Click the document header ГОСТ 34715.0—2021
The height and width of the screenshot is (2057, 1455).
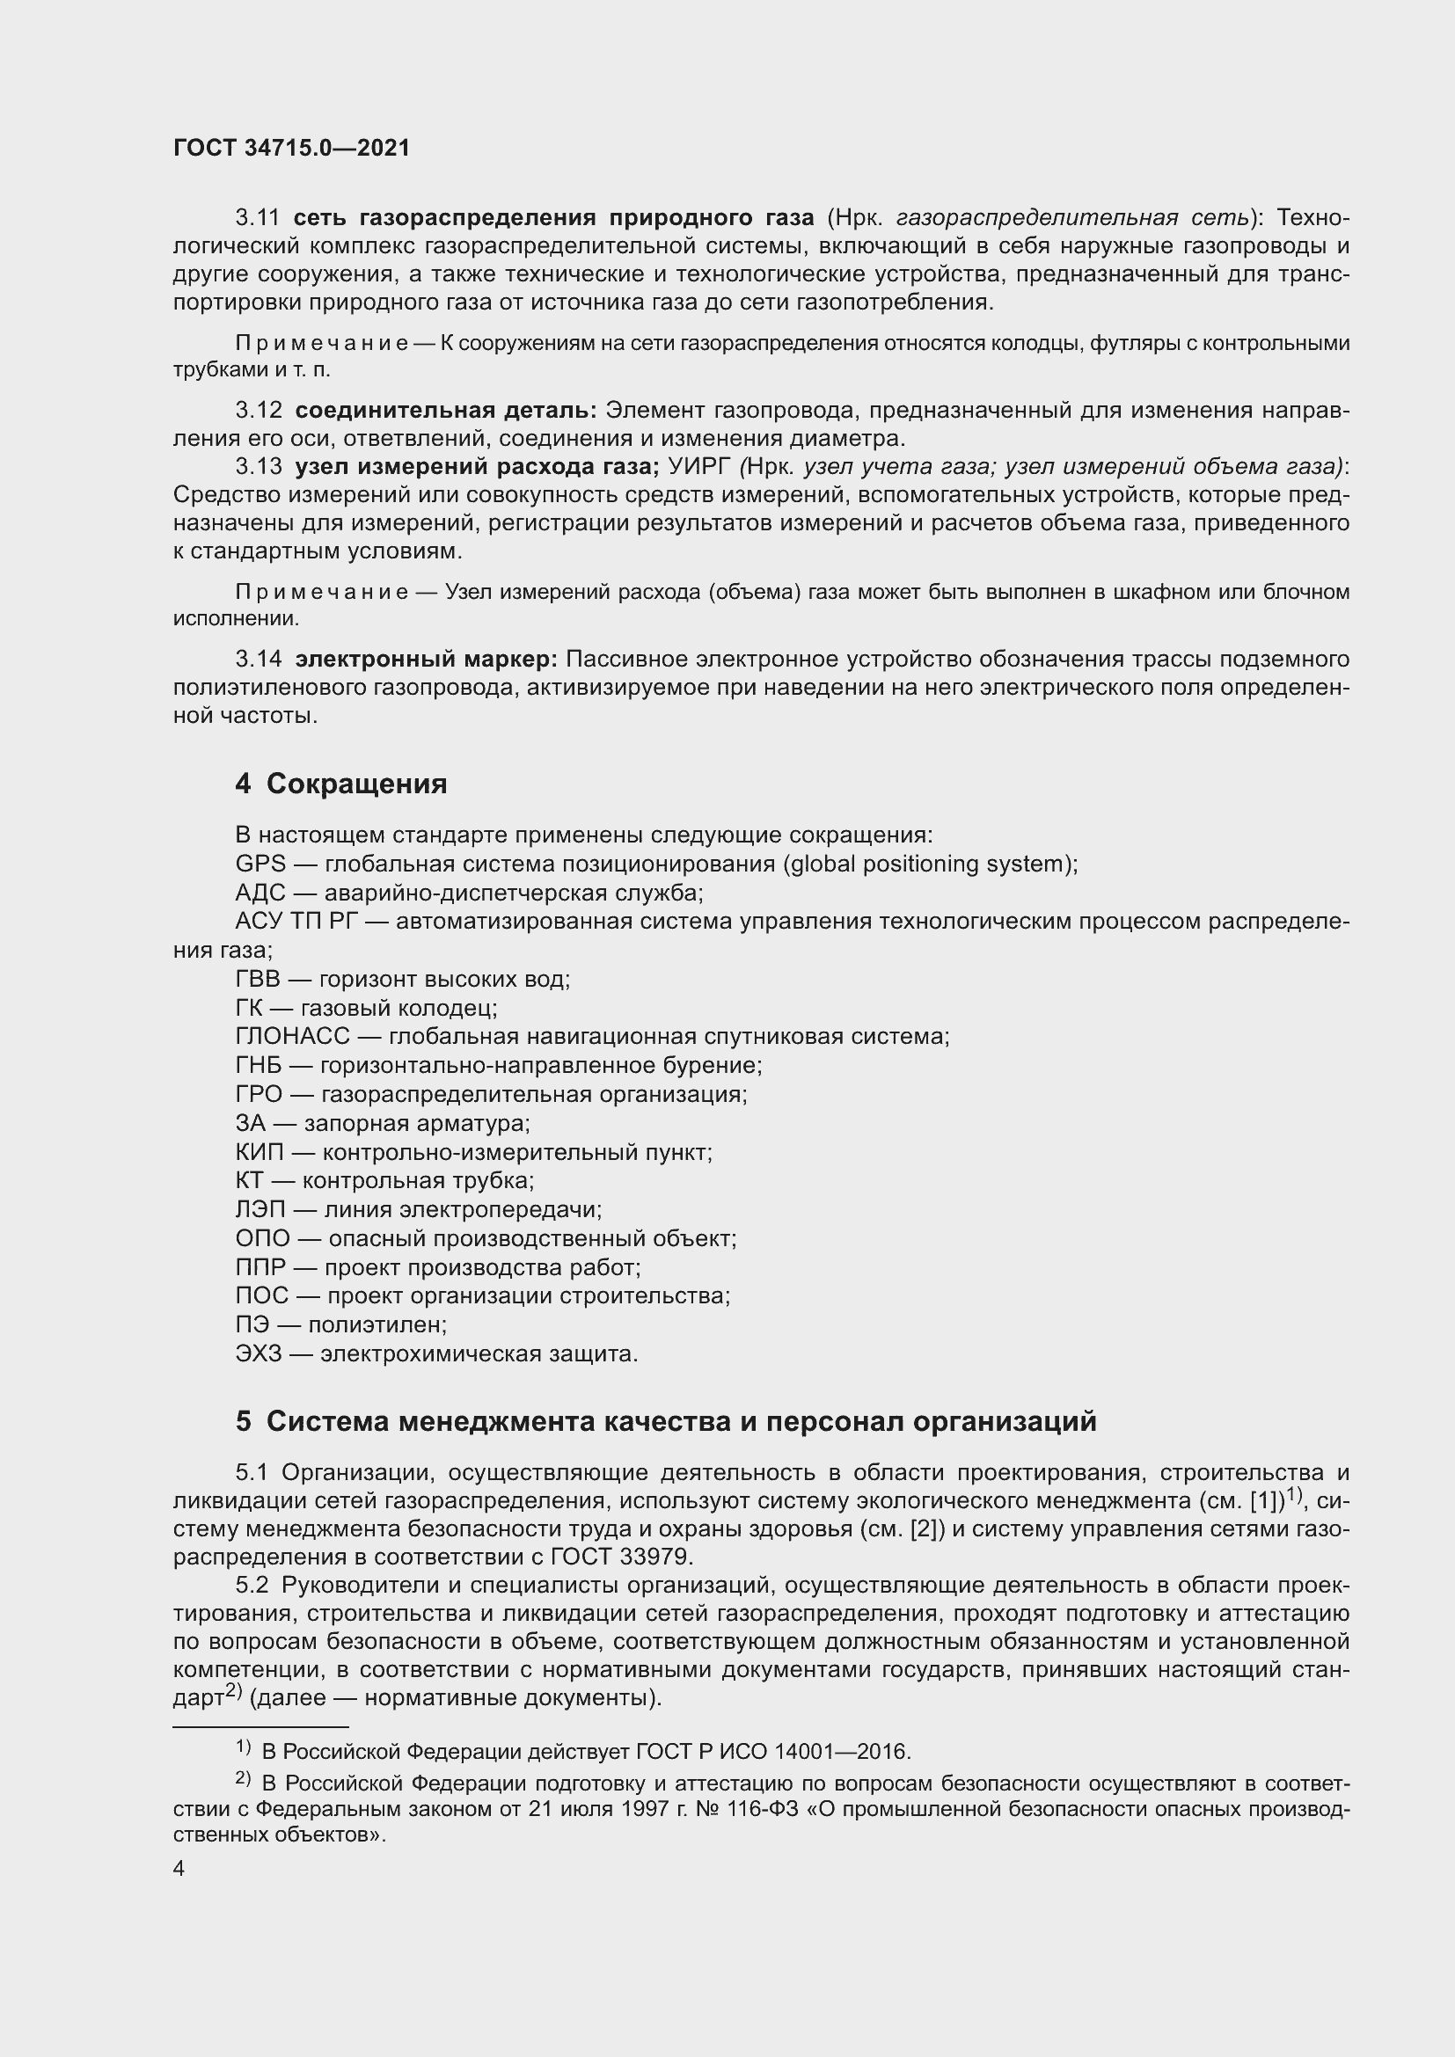point(291,148)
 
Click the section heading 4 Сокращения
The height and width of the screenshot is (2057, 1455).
point(340,784)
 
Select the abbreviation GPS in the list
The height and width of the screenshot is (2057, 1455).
point(260,864)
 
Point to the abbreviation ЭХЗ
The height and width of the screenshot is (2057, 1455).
point(258,1353)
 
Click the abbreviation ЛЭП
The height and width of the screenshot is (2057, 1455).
point(260,1209)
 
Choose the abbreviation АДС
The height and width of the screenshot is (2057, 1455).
point(260,894)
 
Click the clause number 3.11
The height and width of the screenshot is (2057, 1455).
point(258,218)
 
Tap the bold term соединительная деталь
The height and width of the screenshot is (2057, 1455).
point(445,411)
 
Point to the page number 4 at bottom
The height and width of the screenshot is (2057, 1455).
point(179,1869)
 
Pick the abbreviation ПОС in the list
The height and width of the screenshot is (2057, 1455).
point(261,1295)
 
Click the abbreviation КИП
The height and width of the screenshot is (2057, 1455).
point(259,1152)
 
